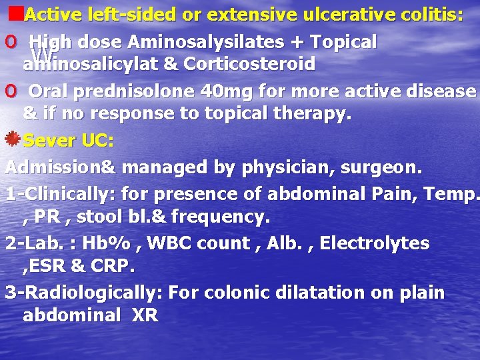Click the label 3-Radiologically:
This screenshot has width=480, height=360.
[x=83, y=293]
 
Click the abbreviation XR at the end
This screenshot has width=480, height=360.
[x=145, y=315]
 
